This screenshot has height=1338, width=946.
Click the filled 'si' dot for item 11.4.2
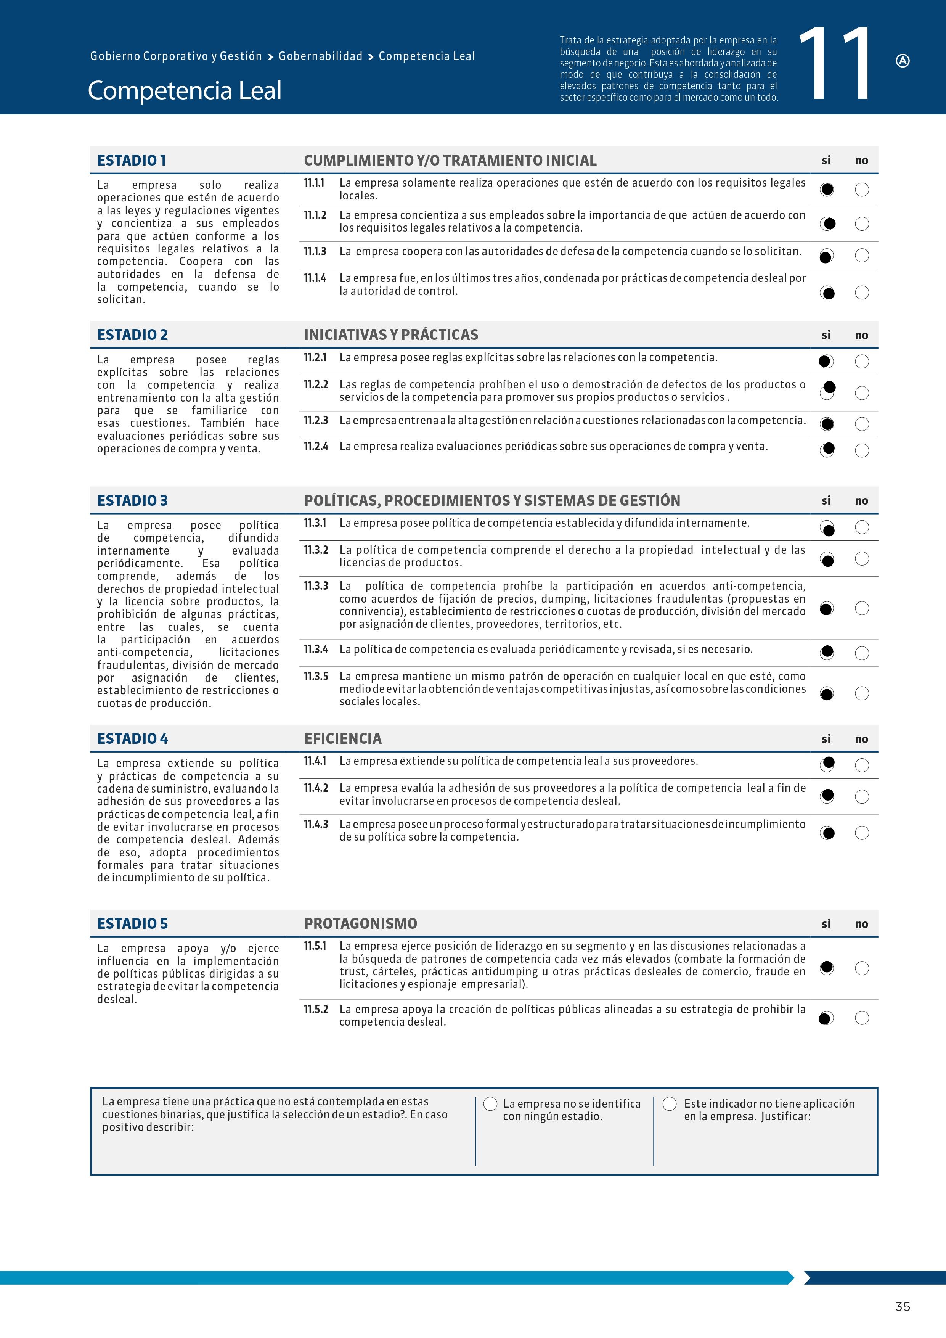point(827,796)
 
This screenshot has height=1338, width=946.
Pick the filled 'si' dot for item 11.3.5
point(827,693)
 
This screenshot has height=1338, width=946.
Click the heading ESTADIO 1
point(131,160)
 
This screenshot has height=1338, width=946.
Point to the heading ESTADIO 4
point(132,738)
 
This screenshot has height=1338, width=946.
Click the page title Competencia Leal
point(185,90)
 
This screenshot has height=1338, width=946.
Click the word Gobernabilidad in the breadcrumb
point(320,56)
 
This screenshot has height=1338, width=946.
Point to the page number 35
point(902,1306)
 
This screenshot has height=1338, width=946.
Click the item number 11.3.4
point(316,649)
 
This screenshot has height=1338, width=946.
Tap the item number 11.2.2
point(316,384)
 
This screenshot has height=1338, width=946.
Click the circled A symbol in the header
point(902,61)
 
